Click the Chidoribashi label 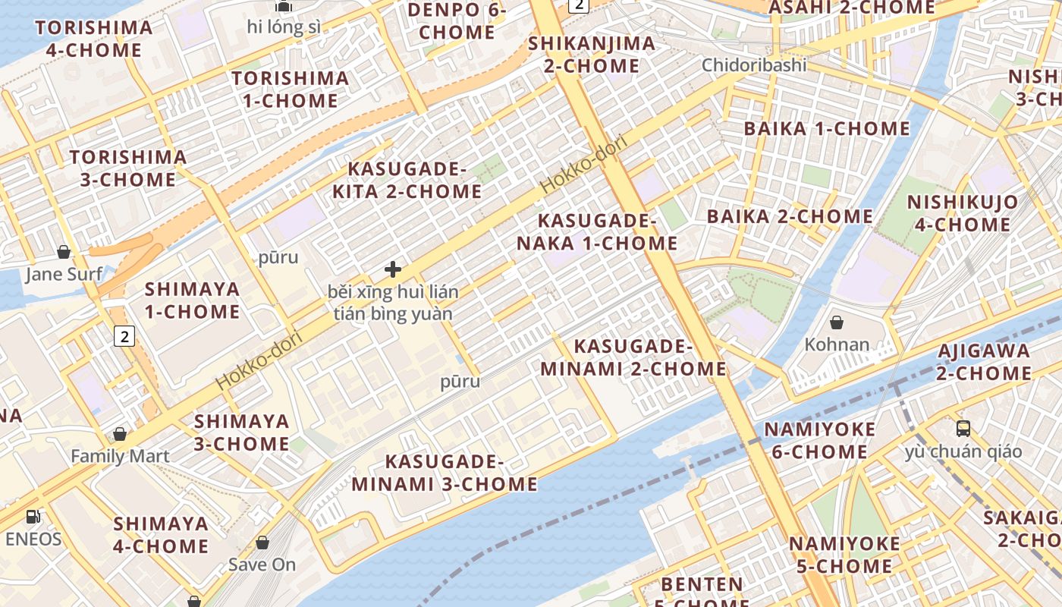[x=754, y=64]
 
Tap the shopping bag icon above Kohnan [x=837, y=322]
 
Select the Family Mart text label [x=120, y=456]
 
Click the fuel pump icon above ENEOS [x=33, y=517]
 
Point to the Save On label [x=262, y=565]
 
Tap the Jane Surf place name [x=64, y=273]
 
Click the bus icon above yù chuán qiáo [x=963, y=429]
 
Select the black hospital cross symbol [x=393, y=269]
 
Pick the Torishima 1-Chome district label [x=291, y=90]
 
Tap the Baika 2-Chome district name [x=790, y=216]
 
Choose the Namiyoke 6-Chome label [x=819, y=441]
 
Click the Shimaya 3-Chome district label [x=242, y=432]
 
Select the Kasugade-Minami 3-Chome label [x=445, y=473]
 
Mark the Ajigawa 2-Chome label [x=984, y=362]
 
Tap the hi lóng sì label [x=284, y=27]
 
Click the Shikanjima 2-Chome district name [x=592, y=54]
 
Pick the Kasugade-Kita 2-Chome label [x=407, y=180]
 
